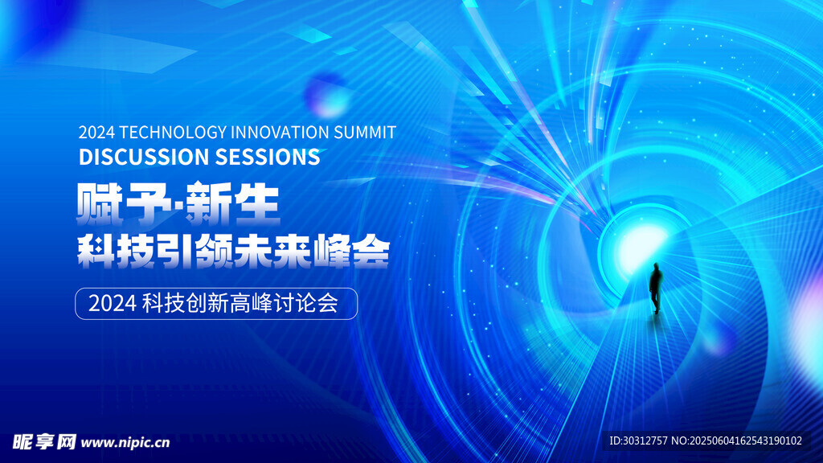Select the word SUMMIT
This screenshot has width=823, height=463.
(x=365, y=133)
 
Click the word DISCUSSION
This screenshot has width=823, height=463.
(x=144, y=157)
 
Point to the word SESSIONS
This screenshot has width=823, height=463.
(x=268, y=157)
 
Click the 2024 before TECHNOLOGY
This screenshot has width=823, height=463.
(x=96, y=133)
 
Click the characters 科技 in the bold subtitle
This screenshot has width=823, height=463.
(x=117, y=252)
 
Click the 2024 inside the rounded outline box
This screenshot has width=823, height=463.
(x=113, y=303)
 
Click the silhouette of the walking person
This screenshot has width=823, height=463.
(x=656, y=288)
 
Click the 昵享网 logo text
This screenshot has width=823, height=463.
(x=44, y=442)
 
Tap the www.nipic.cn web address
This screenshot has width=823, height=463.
(x=125, y=443)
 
